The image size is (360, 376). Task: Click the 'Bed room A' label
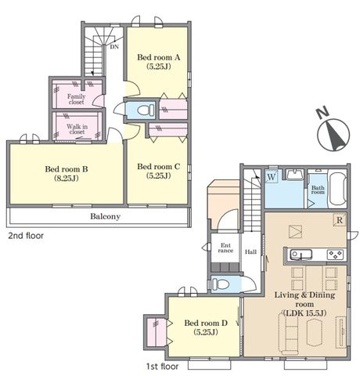click(159, 57)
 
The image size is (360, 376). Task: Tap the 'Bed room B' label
click(67, 169)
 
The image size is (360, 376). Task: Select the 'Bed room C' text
click(159, 166)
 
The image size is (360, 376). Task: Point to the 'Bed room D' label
click(206, 323)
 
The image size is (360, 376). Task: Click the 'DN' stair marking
click(114, 47)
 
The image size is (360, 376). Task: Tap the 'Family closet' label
click(76, 99)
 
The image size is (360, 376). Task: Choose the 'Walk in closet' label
click(77, 129)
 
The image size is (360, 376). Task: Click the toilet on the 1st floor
click(219, 284)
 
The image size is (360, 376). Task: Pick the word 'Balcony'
click(105, 216)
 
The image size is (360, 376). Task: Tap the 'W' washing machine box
click(272, 177)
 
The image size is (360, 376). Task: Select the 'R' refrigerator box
click(340, 220)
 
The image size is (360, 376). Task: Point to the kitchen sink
click(301, 255)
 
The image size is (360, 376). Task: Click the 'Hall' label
click(250, 252)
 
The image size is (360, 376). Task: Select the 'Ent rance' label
click(225, 248)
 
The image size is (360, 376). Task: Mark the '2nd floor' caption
click(26, 236)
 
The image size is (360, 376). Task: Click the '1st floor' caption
click(162, 367)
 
